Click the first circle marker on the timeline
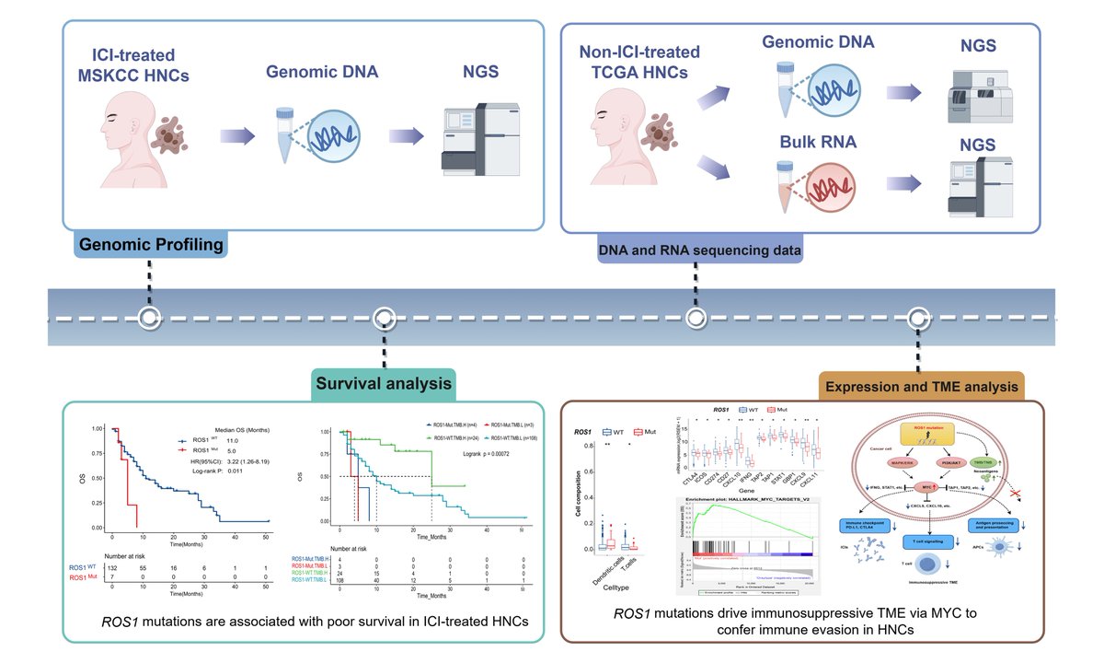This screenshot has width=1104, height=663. (x=149, y=318)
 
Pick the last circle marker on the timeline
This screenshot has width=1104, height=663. (x=917, y=318)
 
